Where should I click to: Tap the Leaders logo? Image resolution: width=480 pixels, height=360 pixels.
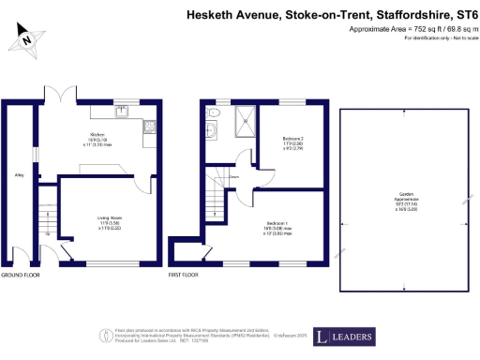[x=344, y=337]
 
